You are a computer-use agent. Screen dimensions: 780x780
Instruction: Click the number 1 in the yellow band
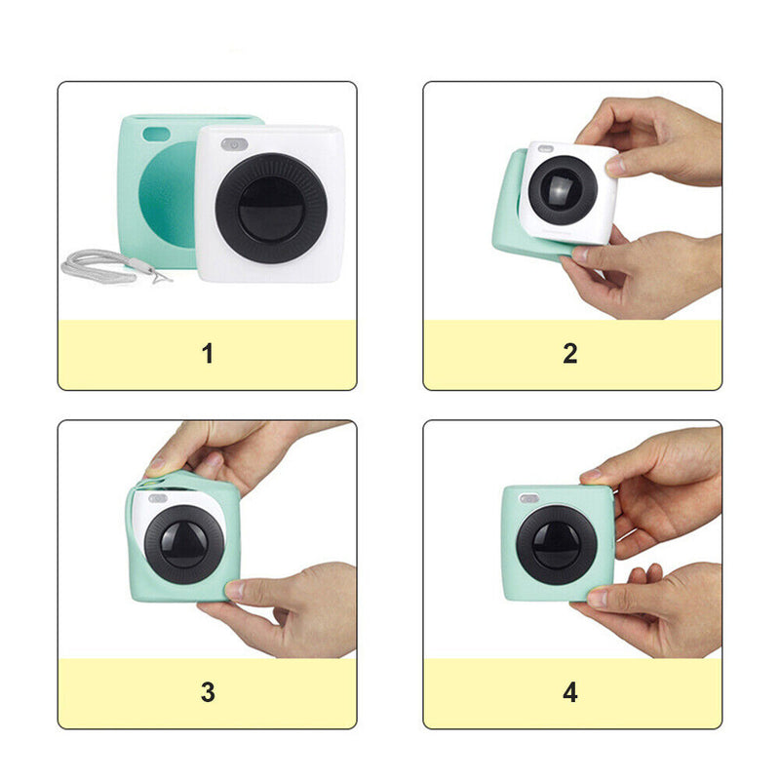pyautogui.click(x=208, y=354)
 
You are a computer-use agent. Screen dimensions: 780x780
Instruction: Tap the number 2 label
pyautogui.click(x=570, y=354)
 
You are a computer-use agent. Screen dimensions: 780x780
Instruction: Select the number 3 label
pyautogui.click(x=208, y=692)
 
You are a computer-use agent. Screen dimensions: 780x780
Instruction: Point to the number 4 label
pyautogui.click(x=570, y=692)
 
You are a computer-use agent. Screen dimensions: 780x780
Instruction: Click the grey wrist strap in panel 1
pyautogui.click(x=99, y=266)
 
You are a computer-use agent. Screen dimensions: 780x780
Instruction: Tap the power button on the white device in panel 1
pyautogui.click(x=234, y=144)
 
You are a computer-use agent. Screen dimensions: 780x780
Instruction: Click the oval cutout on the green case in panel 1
pyautogui.click(x=156, y=134)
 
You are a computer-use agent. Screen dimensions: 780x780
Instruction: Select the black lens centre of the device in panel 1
pyautogui.click(x=271, y=209)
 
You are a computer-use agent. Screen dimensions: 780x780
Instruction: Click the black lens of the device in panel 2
pyautogui.click(x=563, y=190)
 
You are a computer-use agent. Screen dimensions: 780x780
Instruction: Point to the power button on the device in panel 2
pyautogui.click(x=546, y=148)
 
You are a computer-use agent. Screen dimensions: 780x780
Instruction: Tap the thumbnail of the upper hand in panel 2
pyautogui.click(x=615, y=165)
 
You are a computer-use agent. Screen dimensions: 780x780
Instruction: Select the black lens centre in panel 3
pyautogui.click(x=184, y=544)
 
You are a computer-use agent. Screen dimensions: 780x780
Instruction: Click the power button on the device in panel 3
pyautogui.click(x=158, y=498)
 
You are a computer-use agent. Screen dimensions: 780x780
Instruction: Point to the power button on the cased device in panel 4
pyautogui.click(x=528, y=498)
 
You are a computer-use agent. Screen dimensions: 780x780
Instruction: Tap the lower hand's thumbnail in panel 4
pyautogui.click(x=598, y=598)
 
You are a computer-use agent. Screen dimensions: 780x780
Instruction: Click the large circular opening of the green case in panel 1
pyautogui.click(x=168, y=194)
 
